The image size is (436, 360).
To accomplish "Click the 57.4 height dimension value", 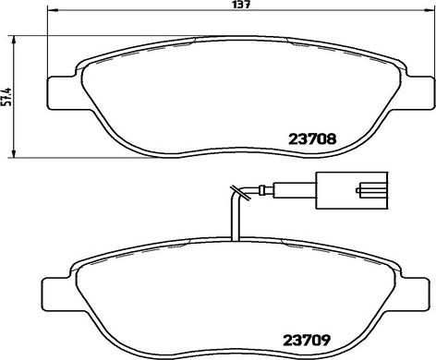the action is [6, 96].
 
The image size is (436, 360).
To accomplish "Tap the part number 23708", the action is [312, 139].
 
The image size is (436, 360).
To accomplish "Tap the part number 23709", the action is [307, 340].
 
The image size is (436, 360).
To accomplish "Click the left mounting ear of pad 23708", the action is [61, 92].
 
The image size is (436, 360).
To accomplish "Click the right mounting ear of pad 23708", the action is [421, 92].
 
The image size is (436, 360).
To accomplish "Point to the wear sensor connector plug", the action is [351, 190].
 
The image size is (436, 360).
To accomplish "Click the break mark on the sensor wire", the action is [240, 194].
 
